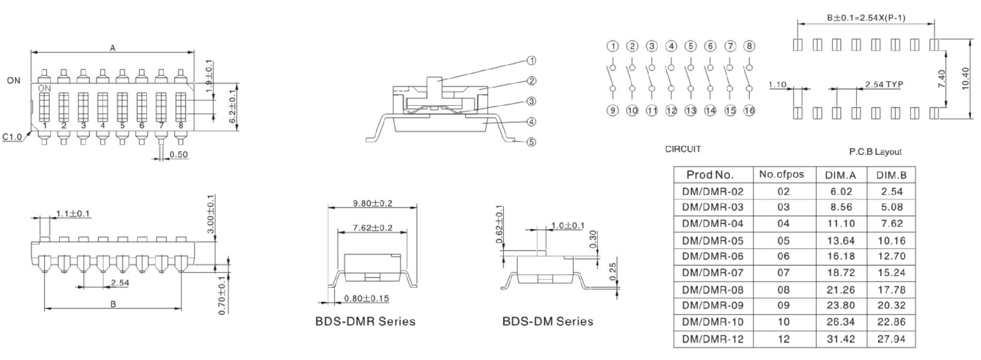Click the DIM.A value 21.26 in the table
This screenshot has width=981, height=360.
click(840, 289)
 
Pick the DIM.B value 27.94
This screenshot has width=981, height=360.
click(891, 339)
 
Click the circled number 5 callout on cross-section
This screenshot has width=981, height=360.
click(531, 142)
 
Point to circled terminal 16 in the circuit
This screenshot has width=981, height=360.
click(749, 111)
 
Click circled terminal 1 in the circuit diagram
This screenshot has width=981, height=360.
click(613, 46)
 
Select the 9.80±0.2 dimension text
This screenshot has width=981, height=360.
click(372, 204)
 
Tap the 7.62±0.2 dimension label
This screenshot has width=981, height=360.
click(372, 228)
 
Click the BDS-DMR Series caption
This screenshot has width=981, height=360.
click(365, 322)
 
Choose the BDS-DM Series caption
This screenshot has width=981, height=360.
click(548, 322)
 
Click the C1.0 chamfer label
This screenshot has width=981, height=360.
click(12, 137)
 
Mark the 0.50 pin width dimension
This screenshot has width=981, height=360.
click(178, 155)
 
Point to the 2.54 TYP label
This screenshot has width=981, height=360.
click(884, 84)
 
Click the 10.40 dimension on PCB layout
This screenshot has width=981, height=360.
click(965, 79)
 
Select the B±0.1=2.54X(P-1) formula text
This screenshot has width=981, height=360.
click(866, 18)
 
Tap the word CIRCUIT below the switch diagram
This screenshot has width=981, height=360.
click(683, 149)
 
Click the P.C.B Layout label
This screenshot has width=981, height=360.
click(875, 152)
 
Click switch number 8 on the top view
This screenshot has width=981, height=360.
click(181, 126)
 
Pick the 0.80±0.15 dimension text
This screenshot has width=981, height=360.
click(366, 299)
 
